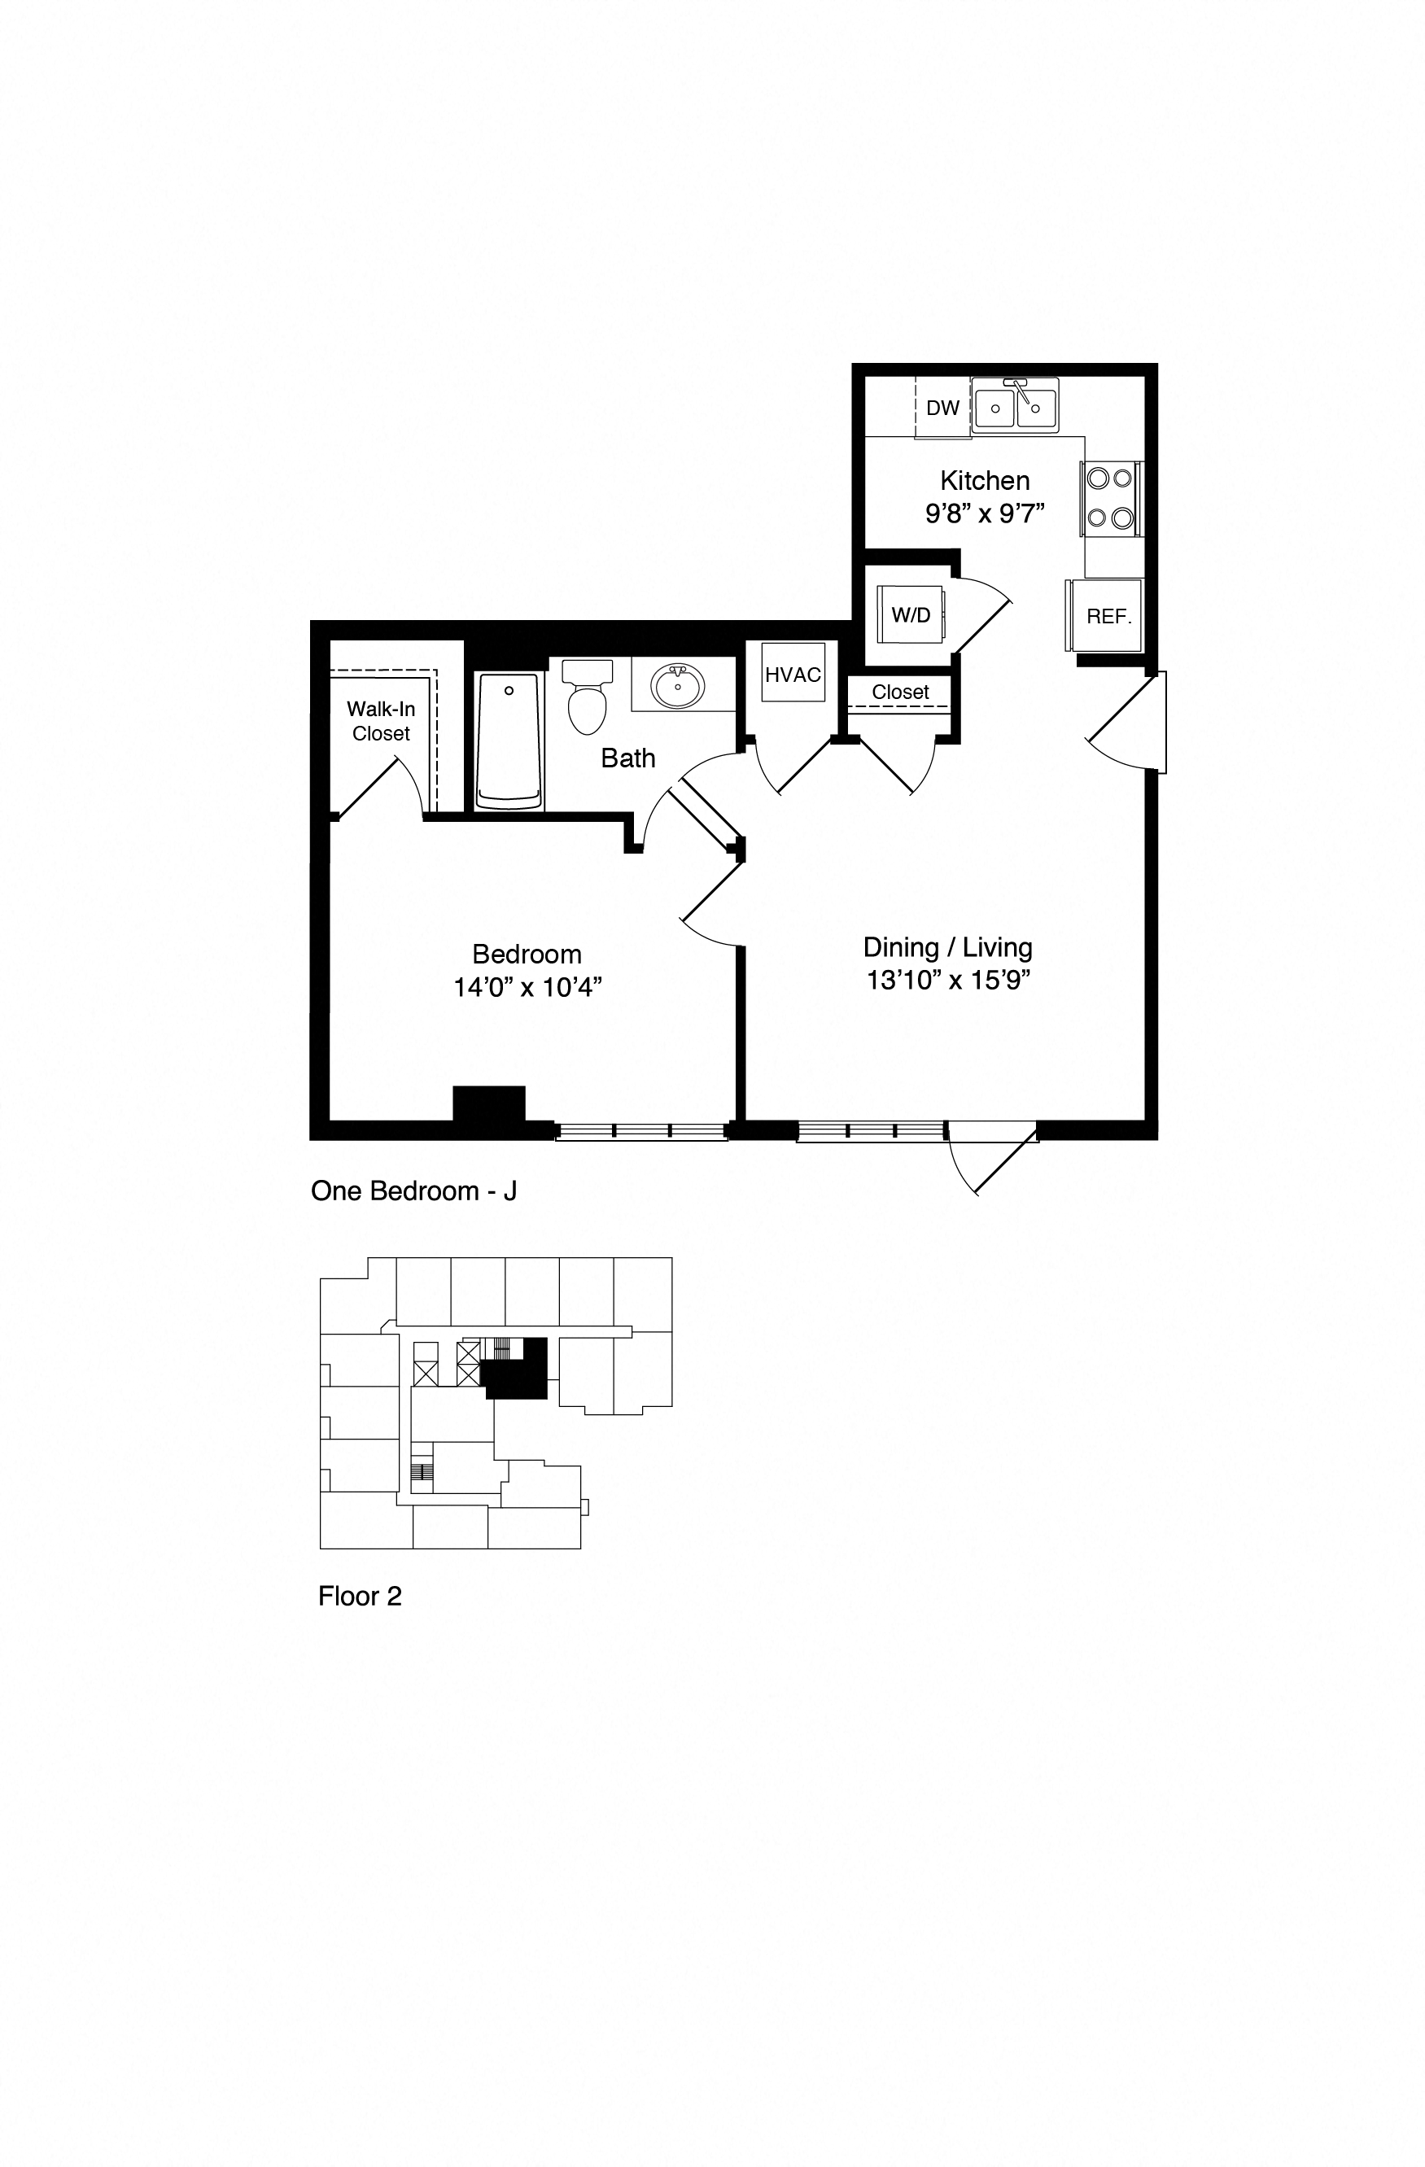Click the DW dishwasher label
tap(942, 408)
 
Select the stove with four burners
tap(1111, 498)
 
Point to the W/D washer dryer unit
tap(911, 615)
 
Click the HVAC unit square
tap(792, 675)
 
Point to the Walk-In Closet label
tap(381, 721)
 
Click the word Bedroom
tap(527, 955)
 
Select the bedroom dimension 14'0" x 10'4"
tap(527, 987)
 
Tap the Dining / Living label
tap(947, 948)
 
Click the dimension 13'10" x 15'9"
tap(947, 981)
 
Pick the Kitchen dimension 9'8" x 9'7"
tap(984, 514)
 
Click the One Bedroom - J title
tap(413, 1191)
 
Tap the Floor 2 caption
tap(360, 1596)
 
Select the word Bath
tap(627, 758)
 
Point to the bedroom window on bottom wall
tap(642, 1131)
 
